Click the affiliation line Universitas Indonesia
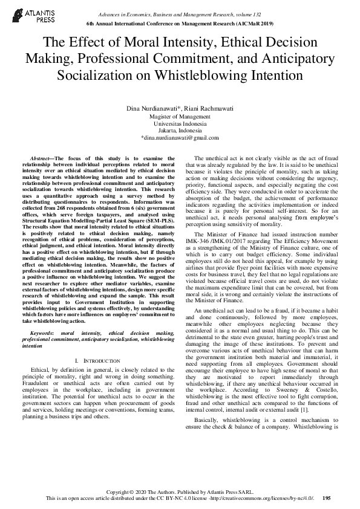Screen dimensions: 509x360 pos(179,123)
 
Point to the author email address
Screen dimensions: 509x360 pos(179,138)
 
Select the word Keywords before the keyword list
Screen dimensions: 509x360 pos(42,333)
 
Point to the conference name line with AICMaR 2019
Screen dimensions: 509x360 pos(180,22)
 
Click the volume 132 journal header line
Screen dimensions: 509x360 pos(180,13)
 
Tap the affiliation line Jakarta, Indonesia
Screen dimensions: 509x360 pos(179,130)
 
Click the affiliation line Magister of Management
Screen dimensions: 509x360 pos(179,116)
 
